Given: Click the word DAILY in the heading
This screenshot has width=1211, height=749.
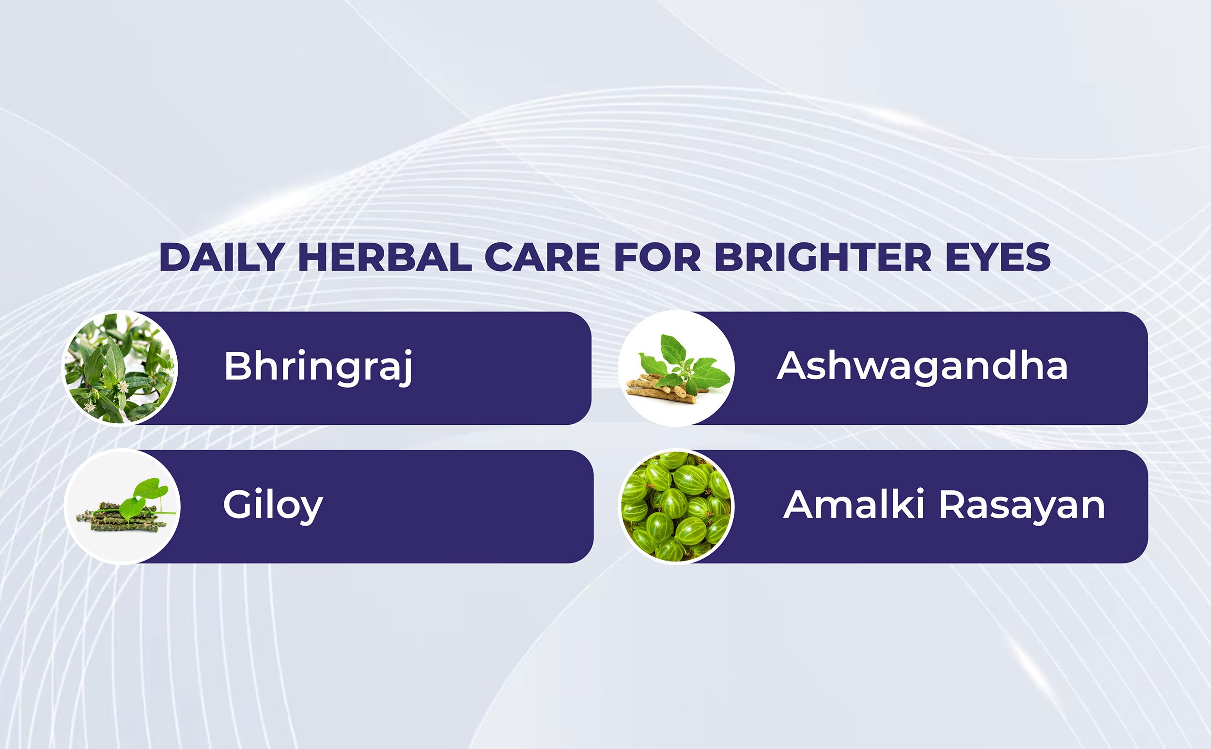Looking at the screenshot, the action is (x=221, y=258).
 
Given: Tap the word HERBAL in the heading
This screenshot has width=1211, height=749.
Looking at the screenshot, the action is (x=384, y=258).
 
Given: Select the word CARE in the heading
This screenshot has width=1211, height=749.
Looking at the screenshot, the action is (x=543, y=258).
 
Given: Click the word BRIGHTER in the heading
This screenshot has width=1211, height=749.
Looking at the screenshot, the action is (x=823, y=258).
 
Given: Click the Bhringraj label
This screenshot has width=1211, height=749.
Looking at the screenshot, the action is (x=318, y=367).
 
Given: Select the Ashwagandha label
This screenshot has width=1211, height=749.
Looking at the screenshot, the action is (x=922, y=366).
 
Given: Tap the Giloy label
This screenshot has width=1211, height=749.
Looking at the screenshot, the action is (x=273, y=506).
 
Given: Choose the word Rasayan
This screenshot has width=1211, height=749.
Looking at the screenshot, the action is (x=1022, y=506).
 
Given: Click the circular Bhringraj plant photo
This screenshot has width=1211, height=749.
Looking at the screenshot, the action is (x=119, y=368).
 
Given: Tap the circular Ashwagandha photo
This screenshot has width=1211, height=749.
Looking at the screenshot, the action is (x=677, y=368).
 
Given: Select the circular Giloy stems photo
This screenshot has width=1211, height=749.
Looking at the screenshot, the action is (x=122, y=506).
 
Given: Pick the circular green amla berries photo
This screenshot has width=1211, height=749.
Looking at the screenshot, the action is (x=677, y=506).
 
